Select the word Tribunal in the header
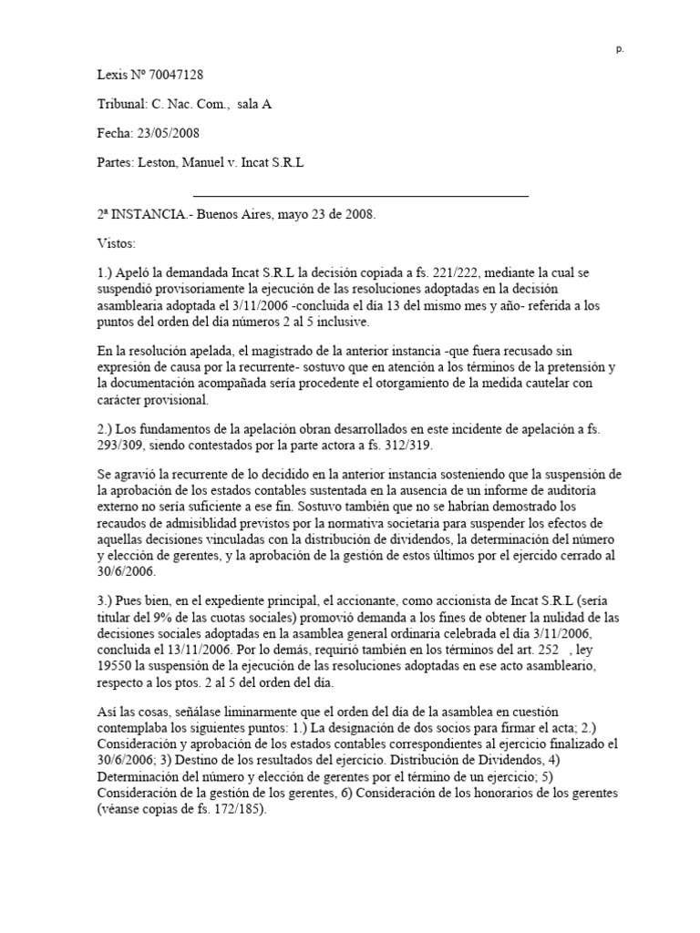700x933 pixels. pyautogui.click(x=121, y=105)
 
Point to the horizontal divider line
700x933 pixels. pyautogui.click(x=361, y=195)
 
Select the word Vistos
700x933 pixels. pyautogui.click(x=116, y=245)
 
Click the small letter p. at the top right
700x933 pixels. pyautogui.click(x=620, y=50)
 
